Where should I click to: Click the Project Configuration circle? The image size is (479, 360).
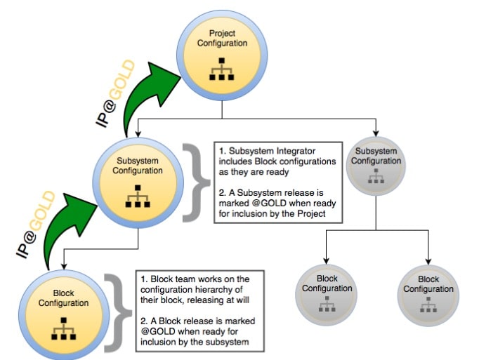(x=222, y=55)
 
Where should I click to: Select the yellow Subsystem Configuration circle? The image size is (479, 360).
(x=138, y=183)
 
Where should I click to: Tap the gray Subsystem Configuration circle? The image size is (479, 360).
(x=376, y=166)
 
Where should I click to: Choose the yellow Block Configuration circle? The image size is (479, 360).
(x=64, y=315)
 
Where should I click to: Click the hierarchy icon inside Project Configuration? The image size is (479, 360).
(x=222, y=69)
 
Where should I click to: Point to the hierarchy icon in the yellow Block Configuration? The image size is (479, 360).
(x=63, y=329)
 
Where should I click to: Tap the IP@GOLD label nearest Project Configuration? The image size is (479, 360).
(x=115, y=93)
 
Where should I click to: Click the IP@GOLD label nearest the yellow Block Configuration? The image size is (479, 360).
(x=36, y=225)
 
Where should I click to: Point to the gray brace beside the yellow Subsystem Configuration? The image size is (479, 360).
(x=195, y=182)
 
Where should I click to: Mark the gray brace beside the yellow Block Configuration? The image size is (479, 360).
(x=118, y=313)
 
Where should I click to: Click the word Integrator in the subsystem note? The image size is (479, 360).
(x=296, y=151)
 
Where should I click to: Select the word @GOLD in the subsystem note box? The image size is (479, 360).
(x=269, y=204)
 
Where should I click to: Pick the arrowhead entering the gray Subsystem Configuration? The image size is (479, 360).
(x=376, y=133)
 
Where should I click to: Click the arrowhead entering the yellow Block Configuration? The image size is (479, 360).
(x=64, y=266)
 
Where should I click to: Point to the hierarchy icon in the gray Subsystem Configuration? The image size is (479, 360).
(x=376, y=176)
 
